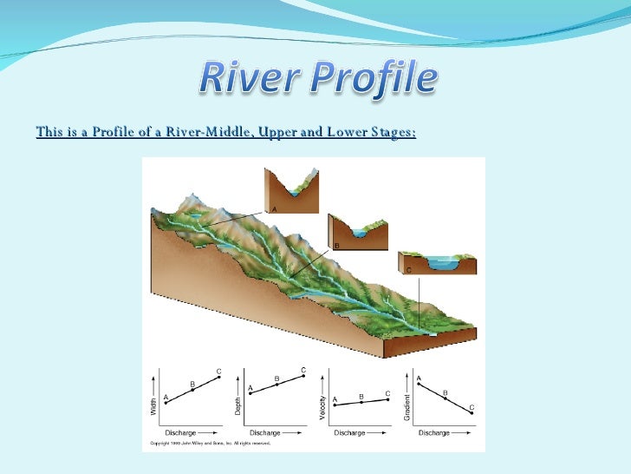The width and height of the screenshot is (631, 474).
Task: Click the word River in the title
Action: (244, 81)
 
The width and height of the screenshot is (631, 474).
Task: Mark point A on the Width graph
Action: (166, 403)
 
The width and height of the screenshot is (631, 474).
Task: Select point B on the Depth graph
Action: (276, 385)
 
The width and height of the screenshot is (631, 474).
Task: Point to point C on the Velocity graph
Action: (387, 399)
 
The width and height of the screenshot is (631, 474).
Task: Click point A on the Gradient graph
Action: (420, 384)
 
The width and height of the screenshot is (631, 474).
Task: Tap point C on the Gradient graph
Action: (472, 413)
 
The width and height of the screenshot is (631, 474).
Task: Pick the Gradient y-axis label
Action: (406, 406)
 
